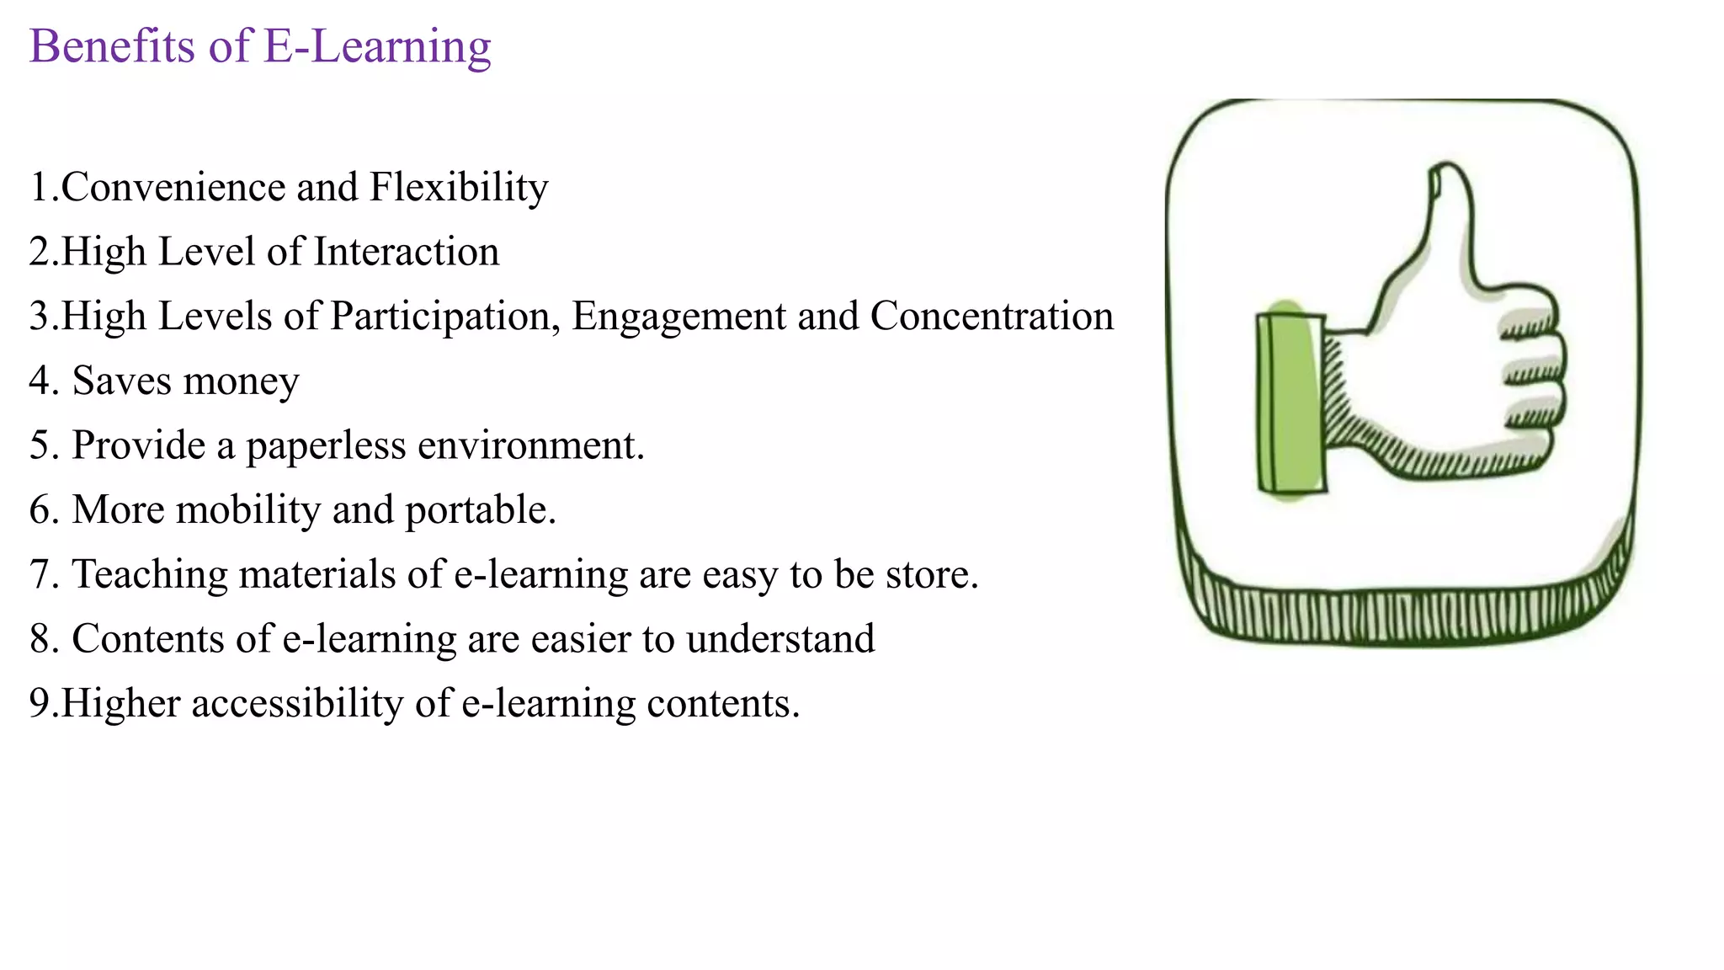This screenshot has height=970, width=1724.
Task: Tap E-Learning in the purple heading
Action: click(377, 46)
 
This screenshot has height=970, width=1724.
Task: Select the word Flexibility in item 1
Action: click(459, 187)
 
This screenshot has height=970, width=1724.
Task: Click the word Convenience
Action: click(173, 187)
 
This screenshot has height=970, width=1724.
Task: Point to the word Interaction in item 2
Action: click(407, 252)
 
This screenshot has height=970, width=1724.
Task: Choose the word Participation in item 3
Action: click(445, 317)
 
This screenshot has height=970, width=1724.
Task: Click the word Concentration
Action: click(992, 317)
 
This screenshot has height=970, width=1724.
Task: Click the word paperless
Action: click(327, 446)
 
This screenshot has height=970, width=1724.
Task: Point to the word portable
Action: click(480, 511)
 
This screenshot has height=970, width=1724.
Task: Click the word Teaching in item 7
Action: click(150, 575)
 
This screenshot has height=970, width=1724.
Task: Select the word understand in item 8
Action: click(780, 639)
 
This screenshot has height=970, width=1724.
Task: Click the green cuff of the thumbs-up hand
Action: click(1290, 402)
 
